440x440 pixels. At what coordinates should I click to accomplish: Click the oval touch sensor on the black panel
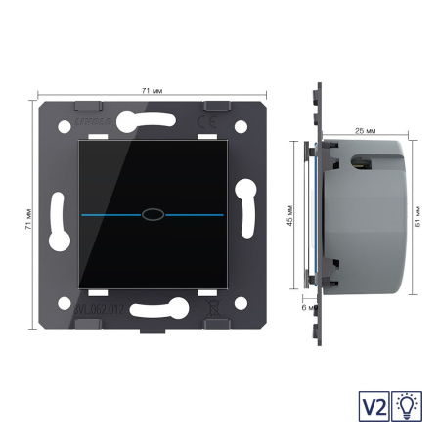point(151,211)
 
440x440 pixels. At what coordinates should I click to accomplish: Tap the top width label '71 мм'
point(151,90)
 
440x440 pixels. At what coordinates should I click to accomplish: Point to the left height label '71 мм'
point(30,219)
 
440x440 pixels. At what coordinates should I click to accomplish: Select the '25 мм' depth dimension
point(367,128)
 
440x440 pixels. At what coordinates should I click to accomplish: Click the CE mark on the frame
point(224,123)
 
